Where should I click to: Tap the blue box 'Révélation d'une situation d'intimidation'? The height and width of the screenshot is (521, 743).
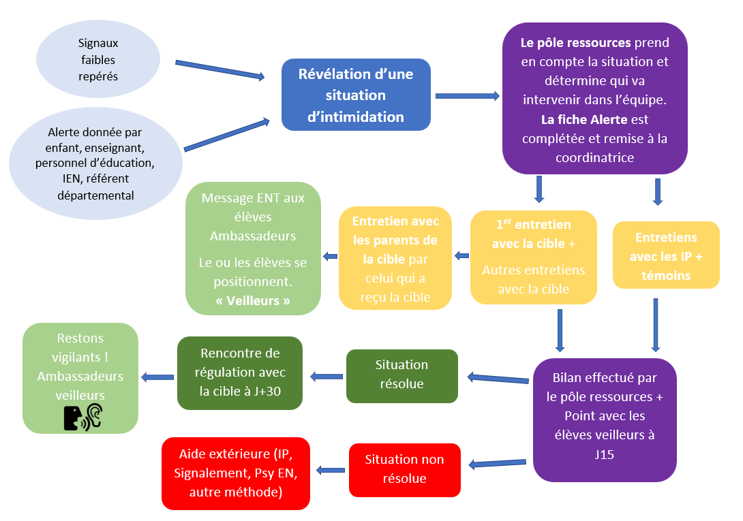tap(356, 95)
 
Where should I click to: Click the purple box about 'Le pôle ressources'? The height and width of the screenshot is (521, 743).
tap(595, 99)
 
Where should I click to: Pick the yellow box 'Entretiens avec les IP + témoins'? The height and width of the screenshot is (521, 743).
tap(666, 256)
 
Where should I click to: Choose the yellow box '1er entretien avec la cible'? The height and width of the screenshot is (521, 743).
tap(533, 257)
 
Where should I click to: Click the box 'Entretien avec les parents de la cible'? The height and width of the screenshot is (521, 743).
tap(395, 258)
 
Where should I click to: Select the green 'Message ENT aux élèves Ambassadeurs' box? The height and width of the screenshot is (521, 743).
tap(254, 249)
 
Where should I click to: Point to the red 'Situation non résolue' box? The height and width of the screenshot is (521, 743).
tap(404, 469)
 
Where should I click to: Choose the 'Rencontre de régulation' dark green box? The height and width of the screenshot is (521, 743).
tap(239, 373)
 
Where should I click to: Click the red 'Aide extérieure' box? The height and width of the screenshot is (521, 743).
tap(236, 473)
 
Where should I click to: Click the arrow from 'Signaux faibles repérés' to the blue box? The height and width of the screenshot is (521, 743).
tap(219, 70)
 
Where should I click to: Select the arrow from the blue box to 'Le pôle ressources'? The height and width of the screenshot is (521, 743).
tap(467, 96)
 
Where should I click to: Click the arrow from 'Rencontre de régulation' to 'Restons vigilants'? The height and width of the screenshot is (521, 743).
tap(157, 377)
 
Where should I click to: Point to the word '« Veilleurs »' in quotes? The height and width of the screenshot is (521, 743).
tap(253, 300)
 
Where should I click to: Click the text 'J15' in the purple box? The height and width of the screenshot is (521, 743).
tap(605, 454)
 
